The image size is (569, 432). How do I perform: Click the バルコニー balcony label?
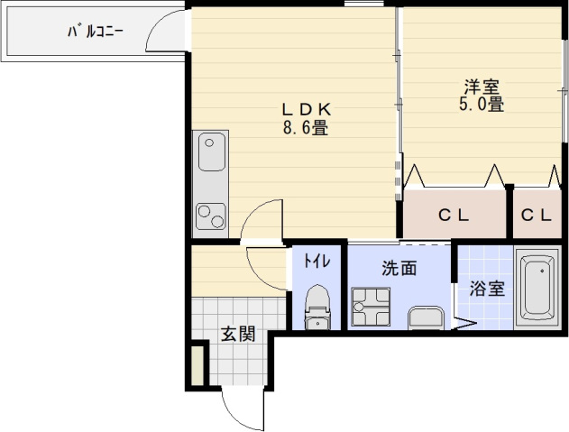coord(95,32)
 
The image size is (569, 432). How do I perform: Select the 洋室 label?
coord(482,87)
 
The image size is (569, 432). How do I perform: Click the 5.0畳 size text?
coord(482,105)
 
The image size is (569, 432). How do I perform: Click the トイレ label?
coord(316,262)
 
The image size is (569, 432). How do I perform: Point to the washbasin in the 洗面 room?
coord(427,317)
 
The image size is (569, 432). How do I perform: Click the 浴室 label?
coord(485,290)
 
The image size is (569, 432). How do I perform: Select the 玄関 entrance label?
coord(238,334)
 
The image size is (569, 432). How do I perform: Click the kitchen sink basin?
coord(211,152)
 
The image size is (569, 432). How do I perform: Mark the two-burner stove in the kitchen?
coord(211,215)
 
